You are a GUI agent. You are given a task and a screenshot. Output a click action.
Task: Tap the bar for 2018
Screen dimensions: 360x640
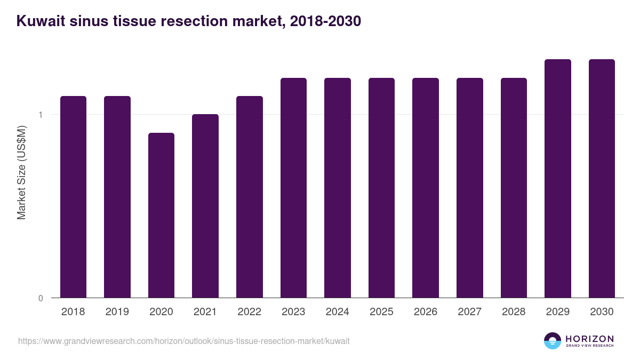click(73, 197)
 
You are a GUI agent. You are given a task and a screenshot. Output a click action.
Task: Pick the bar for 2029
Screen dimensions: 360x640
click(558, 178)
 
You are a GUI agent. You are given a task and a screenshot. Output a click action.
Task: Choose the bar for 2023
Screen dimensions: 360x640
click(293, 188)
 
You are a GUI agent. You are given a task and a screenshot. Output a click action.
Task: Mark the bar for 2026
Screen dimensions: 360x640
click(426, 188)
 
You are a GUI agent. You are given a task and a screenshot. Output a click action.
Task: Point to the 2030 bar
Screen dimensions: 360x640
click(602, 178)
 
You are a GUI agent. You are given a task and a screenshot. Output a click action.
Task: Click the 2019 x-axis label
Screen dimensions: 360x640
click(117, 312)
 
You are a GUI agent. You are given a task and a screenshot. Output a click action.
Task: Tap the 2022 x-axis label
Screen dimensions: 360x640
click(249, 312)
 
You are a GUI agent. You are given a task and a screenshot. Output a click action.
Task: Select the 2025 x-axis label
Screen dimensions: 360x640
click(381, 312)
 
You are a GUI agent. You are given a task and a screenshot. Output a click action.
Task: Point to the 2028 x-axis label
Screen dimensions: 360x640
click(514, 312)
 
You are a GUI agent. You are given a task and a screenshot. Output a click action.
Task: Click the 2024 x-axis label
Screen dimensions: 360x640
click(337, 312)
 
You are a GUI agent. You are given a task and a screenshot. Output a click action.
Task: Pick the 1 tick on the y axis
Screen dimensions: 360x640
click(41, 115)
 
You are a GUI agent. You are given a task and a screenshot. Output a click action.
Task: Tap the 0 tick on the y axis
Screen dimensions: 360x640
click(41, 298)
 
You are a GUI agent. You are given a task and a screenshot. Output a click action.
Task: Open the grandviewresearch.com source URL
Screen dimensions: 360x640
click(184, 341)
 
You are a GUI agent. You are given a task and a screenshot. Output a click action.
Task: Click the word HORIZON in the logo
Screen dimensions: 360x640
click(589, 339)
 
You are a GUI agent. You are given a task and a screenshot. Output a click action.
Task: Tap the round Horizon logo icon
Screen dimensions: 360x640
click(553, 341)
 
